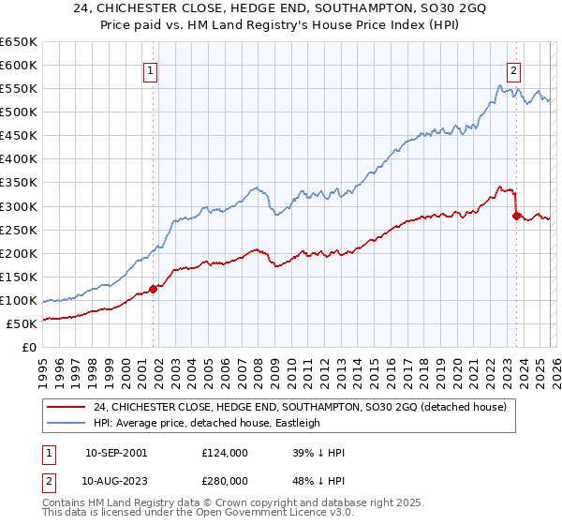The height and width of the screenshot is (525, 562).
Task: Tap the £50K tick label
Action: (22, 323)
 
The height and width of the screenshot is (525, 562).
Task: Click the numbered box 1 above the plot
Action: (150, 68)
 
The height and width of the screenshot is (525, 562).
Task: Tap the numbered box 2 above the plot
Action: (514, 68)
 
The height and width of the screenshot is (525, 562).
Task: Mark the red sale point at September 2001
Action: (154, 289)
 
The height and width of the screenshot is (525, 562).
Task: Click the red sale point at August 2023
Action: (516, 216)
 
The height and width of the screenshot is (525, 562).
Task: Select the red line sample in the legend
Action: (67, 407)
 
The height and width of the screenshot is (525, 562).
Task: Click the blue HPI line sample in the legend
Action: (67, 423)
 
